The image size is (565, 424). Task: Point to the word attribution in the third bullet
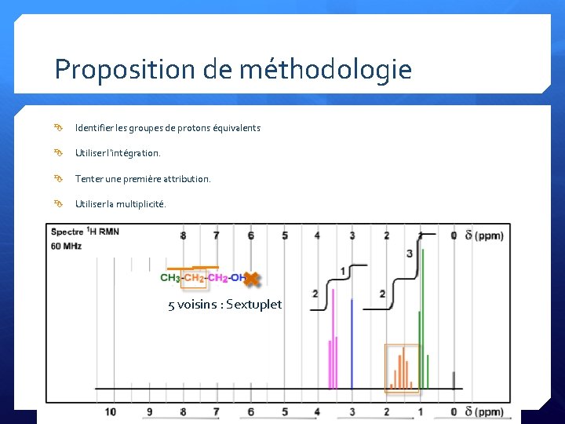187,179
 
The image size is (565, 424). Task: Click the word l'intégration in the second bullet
133,153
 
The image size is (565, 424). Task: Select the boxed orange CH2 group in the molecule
194,278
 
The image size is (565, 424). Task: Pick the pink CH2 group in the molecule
218,278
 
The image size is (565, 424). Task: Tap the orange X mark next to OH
252,278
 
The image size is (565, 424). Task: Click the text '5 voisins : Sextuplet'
224,305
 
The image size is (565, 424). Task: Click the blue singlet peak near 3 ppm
352,345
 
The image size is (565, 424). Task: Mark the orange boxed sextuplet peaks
403,368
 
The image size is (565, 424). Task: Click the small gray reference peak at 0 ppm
454,380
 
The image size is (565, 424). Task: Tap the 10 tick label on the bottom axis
111,411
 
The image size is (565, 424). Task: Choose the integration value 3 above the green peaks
410,253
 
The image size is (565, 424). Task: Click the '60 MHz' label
66,247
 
